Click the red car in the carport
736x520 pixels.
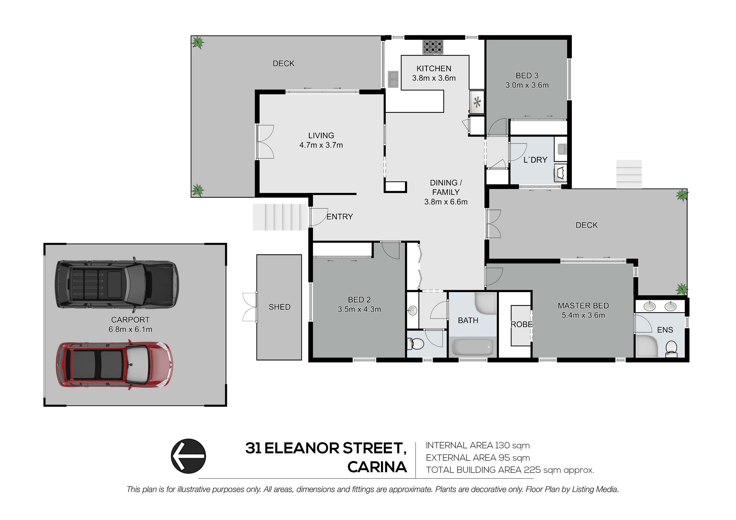click(114, 365)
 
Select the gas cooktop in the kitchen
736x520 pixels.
click(433, 47)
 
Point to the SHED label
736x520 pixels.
click(279, 307)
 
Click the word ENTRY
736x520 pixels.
click(339, 217)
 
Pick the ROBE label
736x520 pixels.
click(521, 325)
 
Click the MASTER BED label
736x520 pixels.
click(583, 306)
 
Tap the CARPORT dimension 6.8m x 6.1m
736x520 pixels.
click(130, 329)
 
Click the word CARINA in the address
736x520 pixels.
click(377, 467)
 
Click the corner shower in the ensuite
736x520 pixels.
click(646, 346)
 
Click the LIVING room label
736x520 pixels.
click(321, 135)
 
